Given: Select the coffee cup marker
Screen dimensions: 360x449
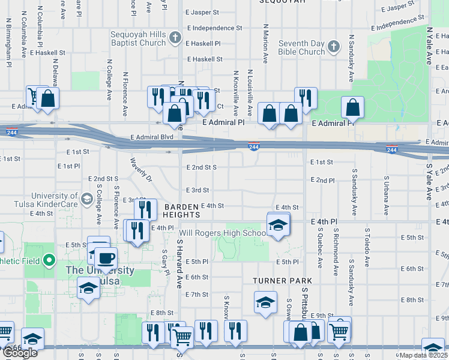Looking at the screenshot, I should pos(106,259).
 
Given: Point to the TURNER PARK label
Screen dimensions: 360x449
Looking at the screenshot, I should pos(282,280).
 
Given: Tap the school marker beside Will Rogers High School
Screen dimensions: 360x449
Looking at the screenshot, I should pos(278,225).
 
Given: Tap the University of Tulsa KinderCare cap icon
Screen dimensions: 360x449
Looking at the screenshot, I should pos(86,199).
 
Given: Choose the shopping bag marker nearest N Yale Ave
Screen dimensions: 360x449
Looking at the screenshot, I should pos(352,109).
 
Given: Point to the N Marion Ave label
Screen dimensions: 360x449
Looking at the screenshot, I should pos(265,44).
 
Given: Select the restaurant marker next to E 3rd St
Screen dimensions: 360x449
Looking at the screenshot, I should pos(145,209).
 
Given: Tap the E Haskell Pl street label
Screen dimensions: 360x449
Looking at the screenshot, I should pos(204,44).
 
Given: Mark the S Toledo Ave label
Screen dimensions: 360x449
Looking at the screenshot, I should pos(367,246).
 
